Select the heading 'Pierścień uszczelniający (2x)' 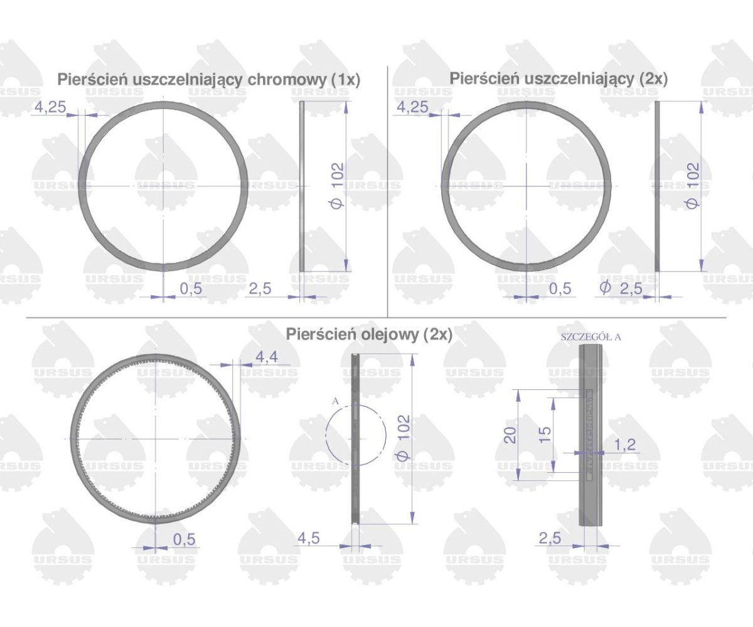pos(558,78)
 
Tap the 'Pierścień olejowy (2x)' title pos(369,334)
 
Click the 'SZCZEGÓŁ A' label pos(590,337)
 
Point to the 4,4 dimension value pos(267,357)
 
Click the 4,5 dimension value pos(308,538)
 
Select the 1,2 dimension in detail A pos(624,445)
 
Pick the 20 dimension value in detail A pos(510,435)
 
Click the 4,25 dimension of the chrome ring pos(50,107)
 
